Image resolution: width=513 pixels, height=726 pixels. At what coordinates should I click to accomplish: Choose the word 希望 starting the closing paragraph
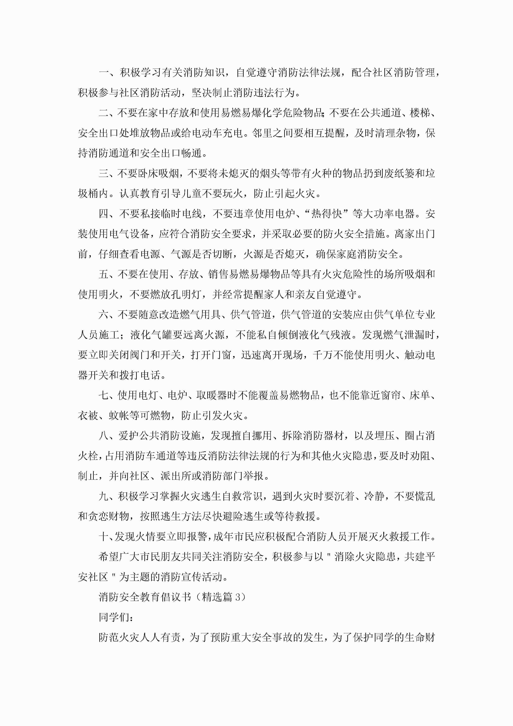[109, 557]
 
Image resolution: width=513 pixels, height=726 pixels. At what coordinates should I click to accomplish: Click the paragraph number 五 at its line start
[104, 274]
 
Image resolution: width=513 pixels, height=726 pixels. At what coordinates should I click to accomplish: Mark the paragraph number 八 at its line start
[104, 436]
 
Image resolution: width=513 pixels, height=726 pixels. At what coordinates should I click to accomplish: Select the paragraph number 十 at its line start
[104, 537]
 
